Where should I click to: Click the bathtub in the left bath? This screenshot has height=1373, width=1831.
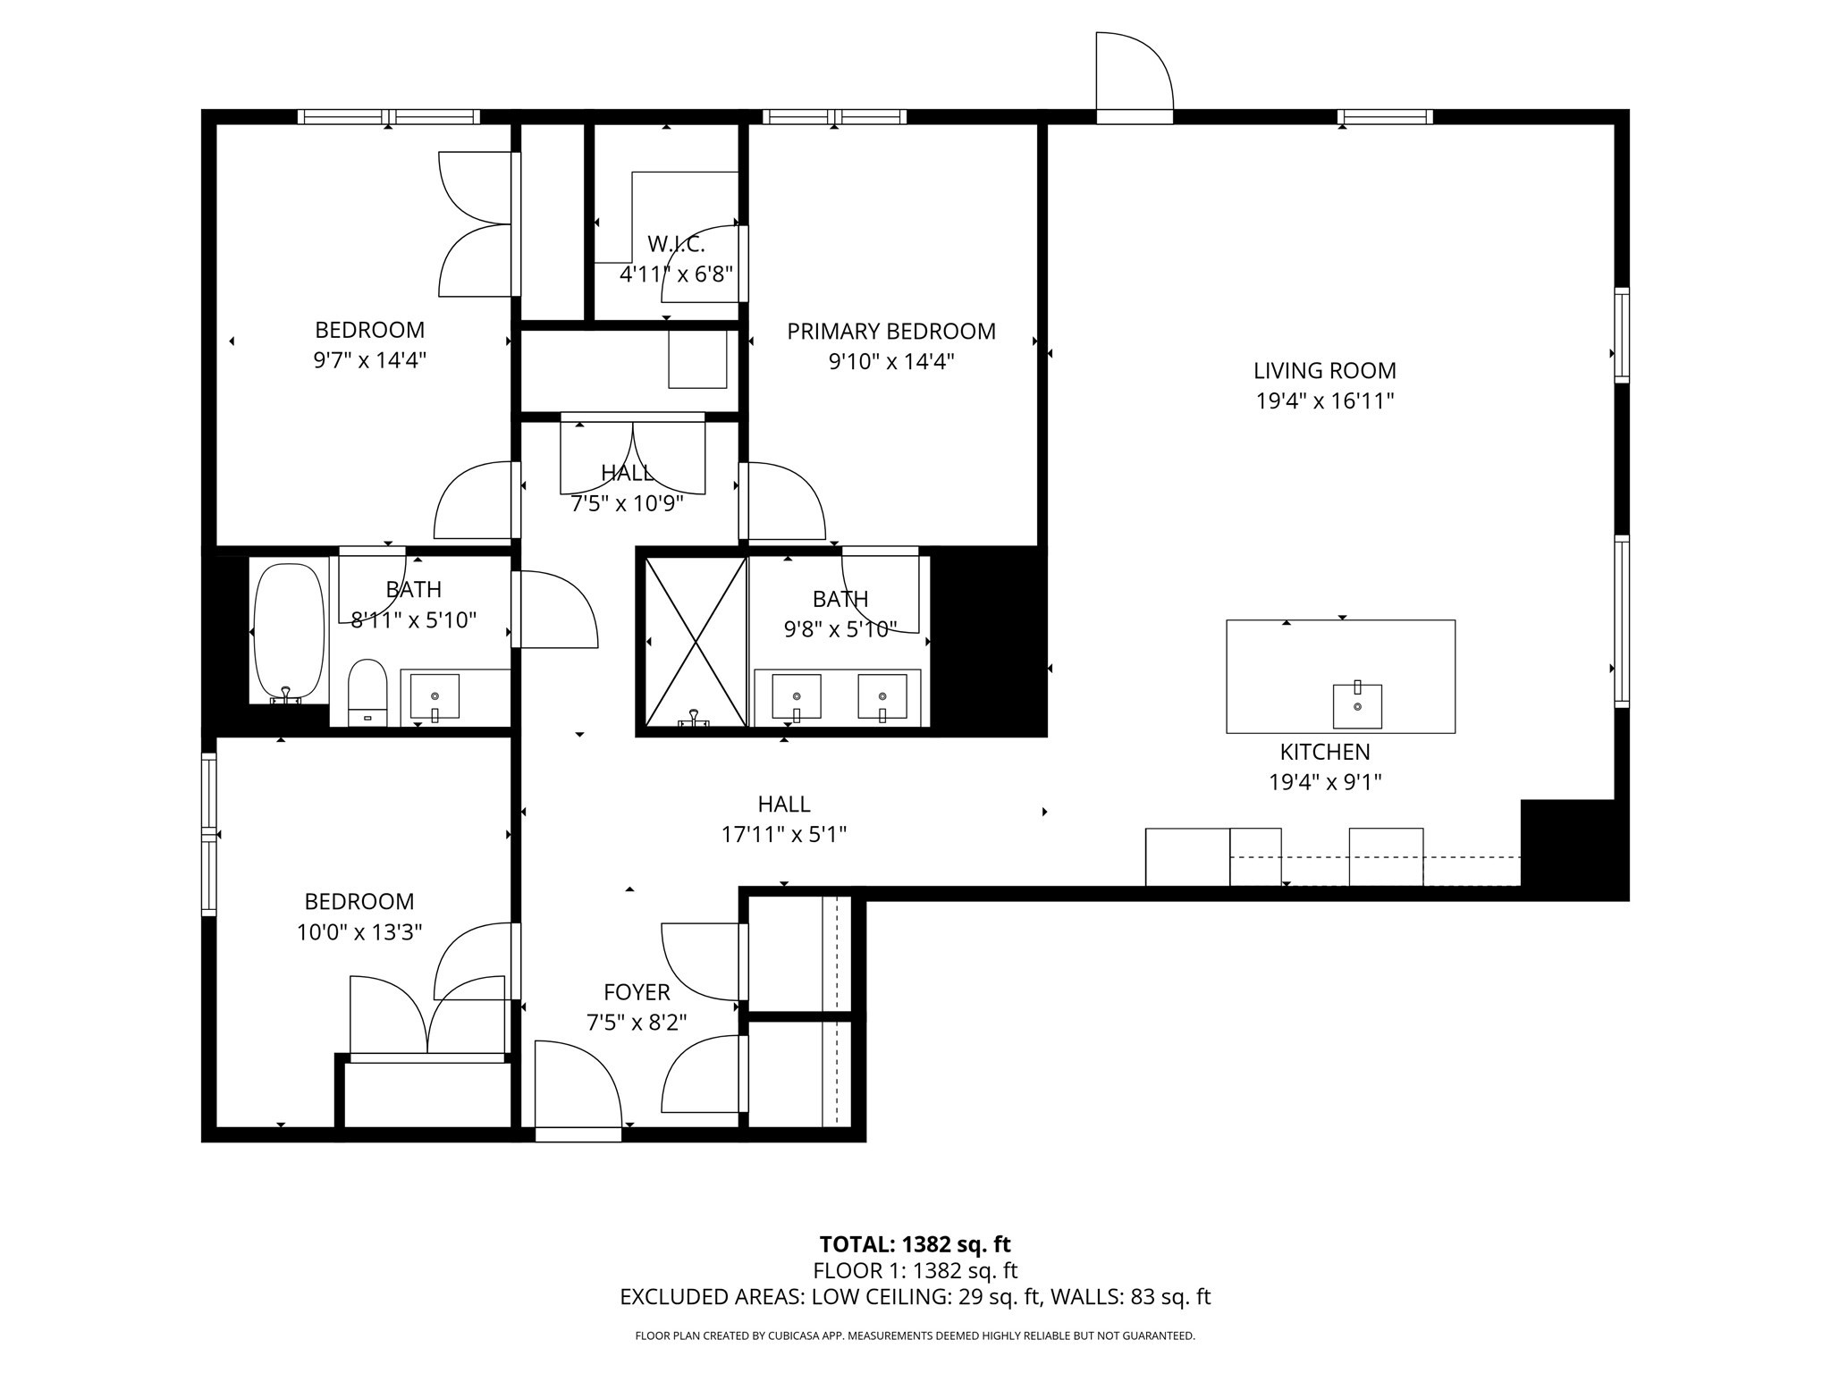289,631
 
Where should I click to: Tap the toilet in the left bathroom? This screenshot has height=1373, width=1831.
367,692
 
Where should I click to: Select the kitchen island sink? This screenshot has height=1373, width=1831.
1356,705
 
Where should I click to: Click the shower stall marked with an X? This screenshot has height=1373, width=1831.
696,641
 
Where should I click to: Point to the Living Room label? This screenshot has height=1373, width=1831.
1324,371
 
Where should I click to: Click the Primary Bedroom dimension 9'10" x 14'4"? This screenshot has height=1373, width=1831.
891,362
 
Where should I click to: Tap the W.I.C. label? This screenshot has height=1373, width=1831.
676,244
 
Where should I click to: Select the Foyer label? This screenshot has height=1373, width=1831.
637,992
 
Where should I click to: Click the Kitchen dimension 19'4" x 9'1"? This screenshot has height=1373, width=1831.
1325,783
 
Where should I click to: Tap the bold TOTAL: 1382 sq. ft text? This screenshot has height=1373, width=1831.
915,1244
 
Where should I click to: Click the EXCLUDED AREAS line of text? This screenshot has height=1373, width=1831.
915,1297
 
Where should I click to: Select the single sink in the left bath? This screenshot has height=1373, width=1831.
435,696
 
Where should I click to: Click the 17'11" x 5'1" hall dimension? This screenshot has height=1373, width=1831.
784,835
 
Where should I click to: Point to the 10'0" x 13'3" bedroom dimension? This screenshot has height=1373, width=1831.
359,933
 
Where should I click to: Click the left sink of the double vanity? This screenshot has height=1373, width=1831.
796,696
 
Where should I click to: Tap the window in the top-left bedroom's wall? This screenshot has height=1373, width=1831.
388,116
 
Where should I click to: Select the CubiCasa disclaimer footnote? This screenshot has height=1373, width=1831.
915,1336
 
